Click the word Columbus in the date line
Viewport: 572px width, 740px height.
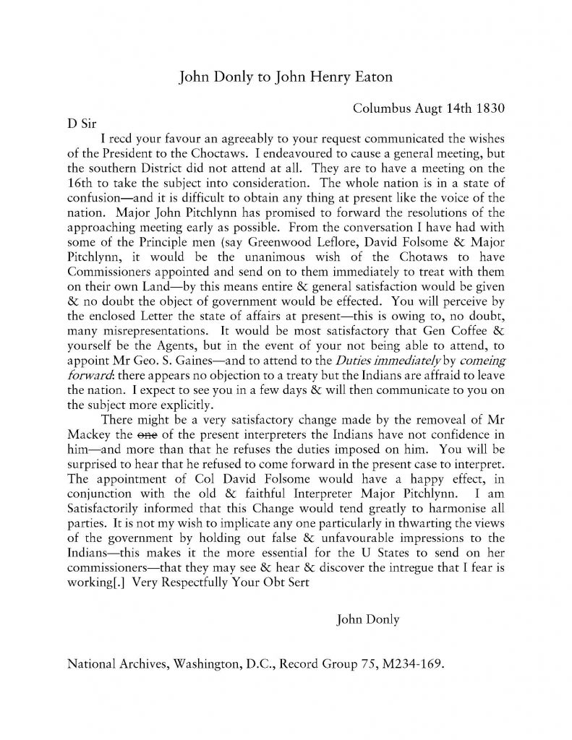(377, 108)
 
